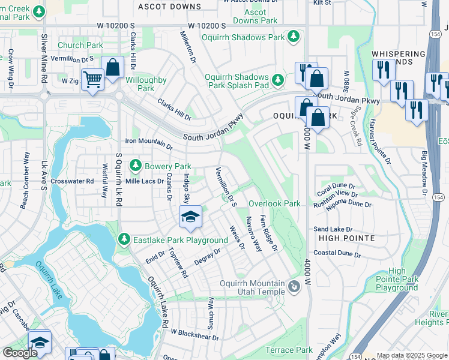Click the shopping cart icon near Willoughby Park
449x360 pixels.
pos(92,79)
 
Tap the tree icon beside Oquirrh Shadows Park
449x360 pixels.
pos(294,38)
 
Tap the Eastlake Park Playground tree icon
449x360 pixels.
pos(124,240)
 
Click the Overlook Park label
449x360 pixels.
pos(274,204)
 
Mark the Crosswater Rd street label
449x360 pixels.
pos(72,181)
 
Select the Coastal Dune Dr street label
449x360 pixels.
pos(337,254)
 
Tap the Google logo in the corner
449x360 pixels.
pos(20,353)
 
